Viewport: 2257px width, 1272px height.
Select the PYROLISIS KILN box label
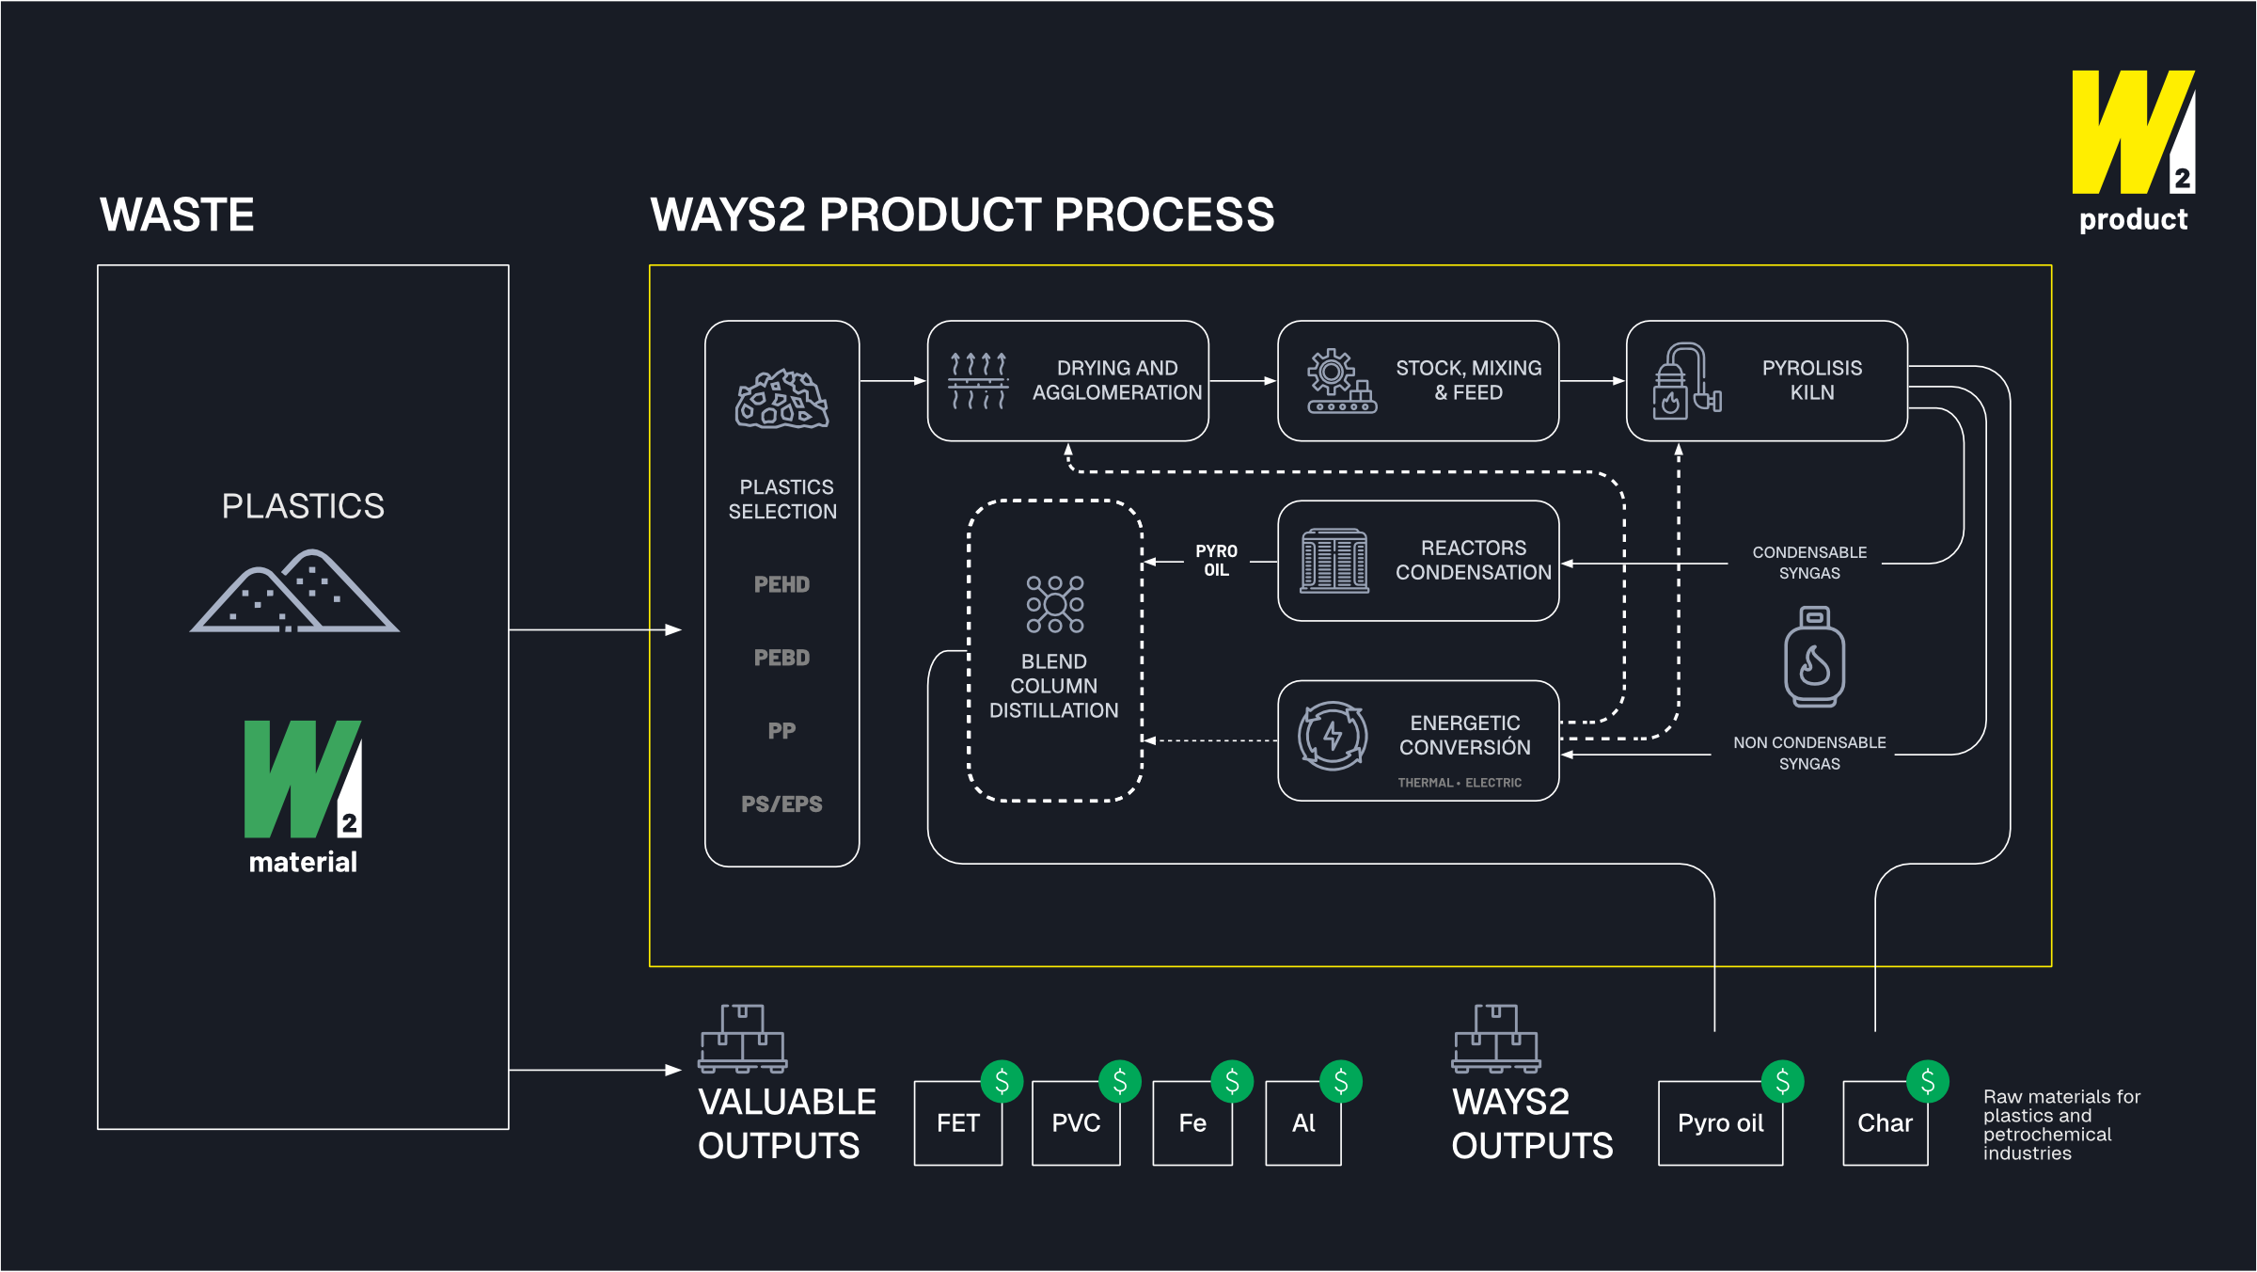click(x=1811, y=380)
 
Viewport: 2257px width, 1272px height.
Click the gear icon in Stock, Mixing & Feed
click(x=1332, y=373)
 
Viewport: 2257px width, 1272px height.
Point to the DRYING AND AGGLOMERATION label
click(x=1116, y=380)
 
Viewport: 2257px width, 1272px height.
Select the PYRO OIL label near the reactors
click(x=1216, y=561)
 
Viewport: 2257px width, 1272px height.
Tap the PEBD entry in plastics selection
click(x=781, y=658)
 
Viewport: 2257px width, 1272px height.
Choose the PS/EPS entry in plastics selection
click(x=781, y=804)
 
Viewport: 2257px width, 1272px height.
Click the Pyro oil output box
click(x=1720, y=1123)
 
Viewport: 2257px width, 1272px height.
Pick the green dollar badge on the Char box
click(x=1927, y=1082)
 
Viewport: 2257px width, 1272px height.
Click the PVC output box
click(x=1075, y=1123)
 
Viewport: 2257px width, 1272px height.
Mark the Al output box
click(x=1302, y=1123)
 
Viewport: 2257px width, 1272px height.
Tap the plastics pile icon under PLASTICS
click(x=295, y=593)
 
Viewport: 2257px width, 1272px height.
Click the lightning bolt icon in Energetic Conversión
click(x=1332, y=736)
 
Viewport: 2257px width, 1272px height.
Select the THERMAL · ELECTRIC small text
click(x=1459, y=783)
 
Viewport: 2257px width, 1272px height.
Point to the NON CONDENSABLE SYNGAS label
click(x=1808, y=753)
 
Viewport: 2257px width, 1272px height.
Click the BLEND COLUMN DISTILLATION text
click(x=1053, y=686)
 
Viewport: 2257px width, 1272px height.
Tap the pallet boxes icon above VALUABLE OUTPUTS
click(x=742, y=1039)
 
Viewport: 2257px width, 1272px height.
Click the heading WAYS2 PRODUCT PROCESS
click(x=961, y=215)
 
